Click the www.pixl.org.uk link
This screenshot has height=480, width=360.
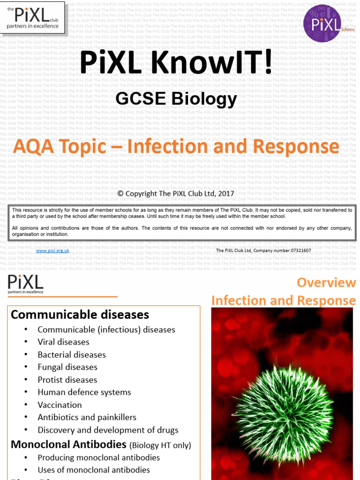coord(52,251)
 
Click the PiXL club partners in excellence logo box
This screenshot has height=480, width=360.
coord(33,17)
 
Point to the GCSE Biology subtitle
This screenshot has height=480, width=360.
coord(176,99)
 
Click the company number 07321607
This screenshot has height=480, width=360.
coord(296,251)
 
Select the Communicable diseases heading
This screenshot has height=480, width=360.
coord(80,315)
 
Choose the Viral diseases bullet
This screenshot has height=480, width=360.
coord(63,342)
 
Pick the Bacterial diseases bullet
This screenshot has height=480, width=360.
coord(72,355)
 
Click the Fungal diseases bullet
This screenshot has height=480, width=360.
coord(67,367)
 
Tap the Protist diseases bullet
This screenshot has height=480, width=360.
coord(67,380)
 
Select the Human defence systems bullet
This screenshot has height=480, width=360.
coord(84,392)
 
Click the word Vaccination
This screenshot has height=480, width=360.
coord(60,405)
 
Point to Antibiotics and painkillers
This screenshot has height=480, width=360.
coord(87,417)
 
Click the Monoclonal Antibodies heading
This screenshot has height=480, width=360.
coord(68,444)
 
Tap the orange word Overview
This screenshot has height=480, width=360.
coord(326,283)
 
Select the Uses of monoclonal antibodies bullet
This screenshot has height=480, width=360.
coord(94,470)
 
